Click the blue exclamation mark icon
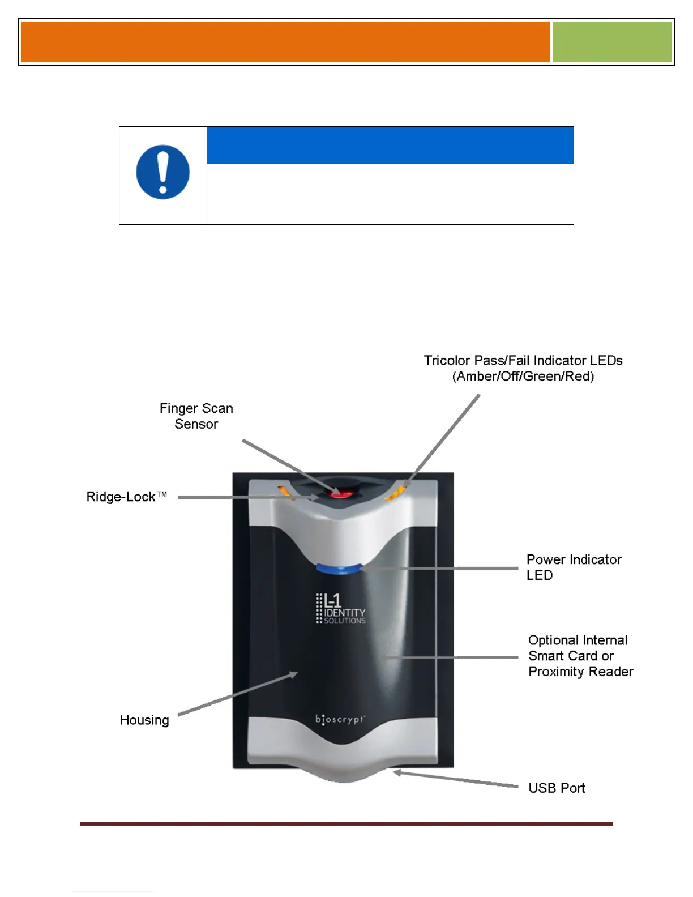162,172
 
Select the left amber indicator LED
284,492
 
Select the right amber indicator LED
395,493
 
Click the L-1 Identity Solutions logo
340,609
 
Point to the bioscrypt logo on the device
340,720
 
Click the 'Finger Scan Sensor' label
196,416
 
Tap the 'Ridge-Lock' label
126,497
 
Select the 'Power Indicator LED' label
574,567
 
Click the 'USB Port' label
557,788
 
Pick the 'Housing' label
144,720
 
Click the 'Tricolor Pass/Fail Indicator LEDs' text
523,361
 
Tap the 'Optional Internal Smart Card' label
577,648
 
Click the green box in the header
612,42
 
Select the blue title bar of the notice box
390,146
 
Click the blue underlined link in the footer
112,891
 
